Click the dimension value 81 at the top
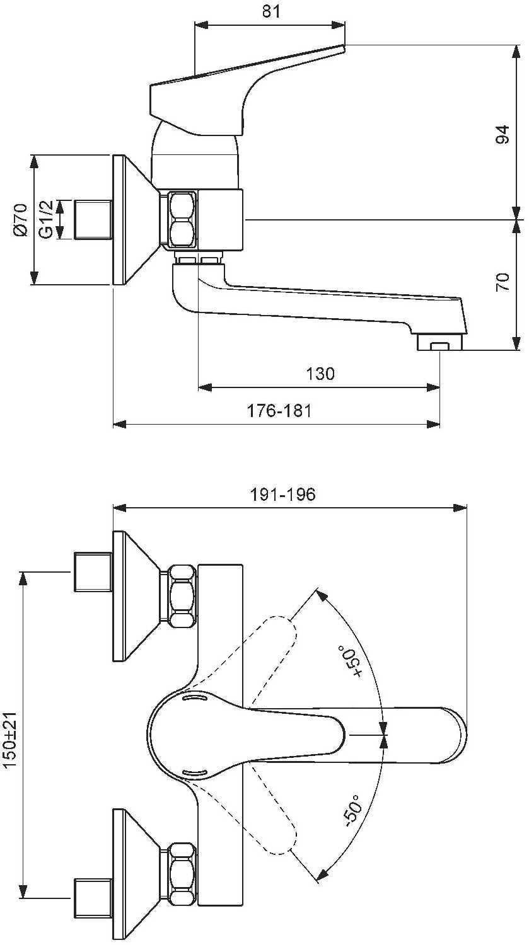271,11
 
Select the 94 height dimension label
502,135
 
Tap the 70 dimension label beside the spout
503,282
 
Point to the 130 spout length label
320,374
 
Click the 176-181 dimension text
279,410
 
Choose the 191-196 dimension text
283,494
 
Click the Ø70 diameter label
20,220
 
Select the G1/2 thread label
46,220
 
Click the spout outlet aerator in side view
440,341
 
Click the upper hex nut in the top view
182,595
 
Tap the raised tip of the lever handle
343,47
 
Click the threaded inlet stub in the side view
93,220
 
